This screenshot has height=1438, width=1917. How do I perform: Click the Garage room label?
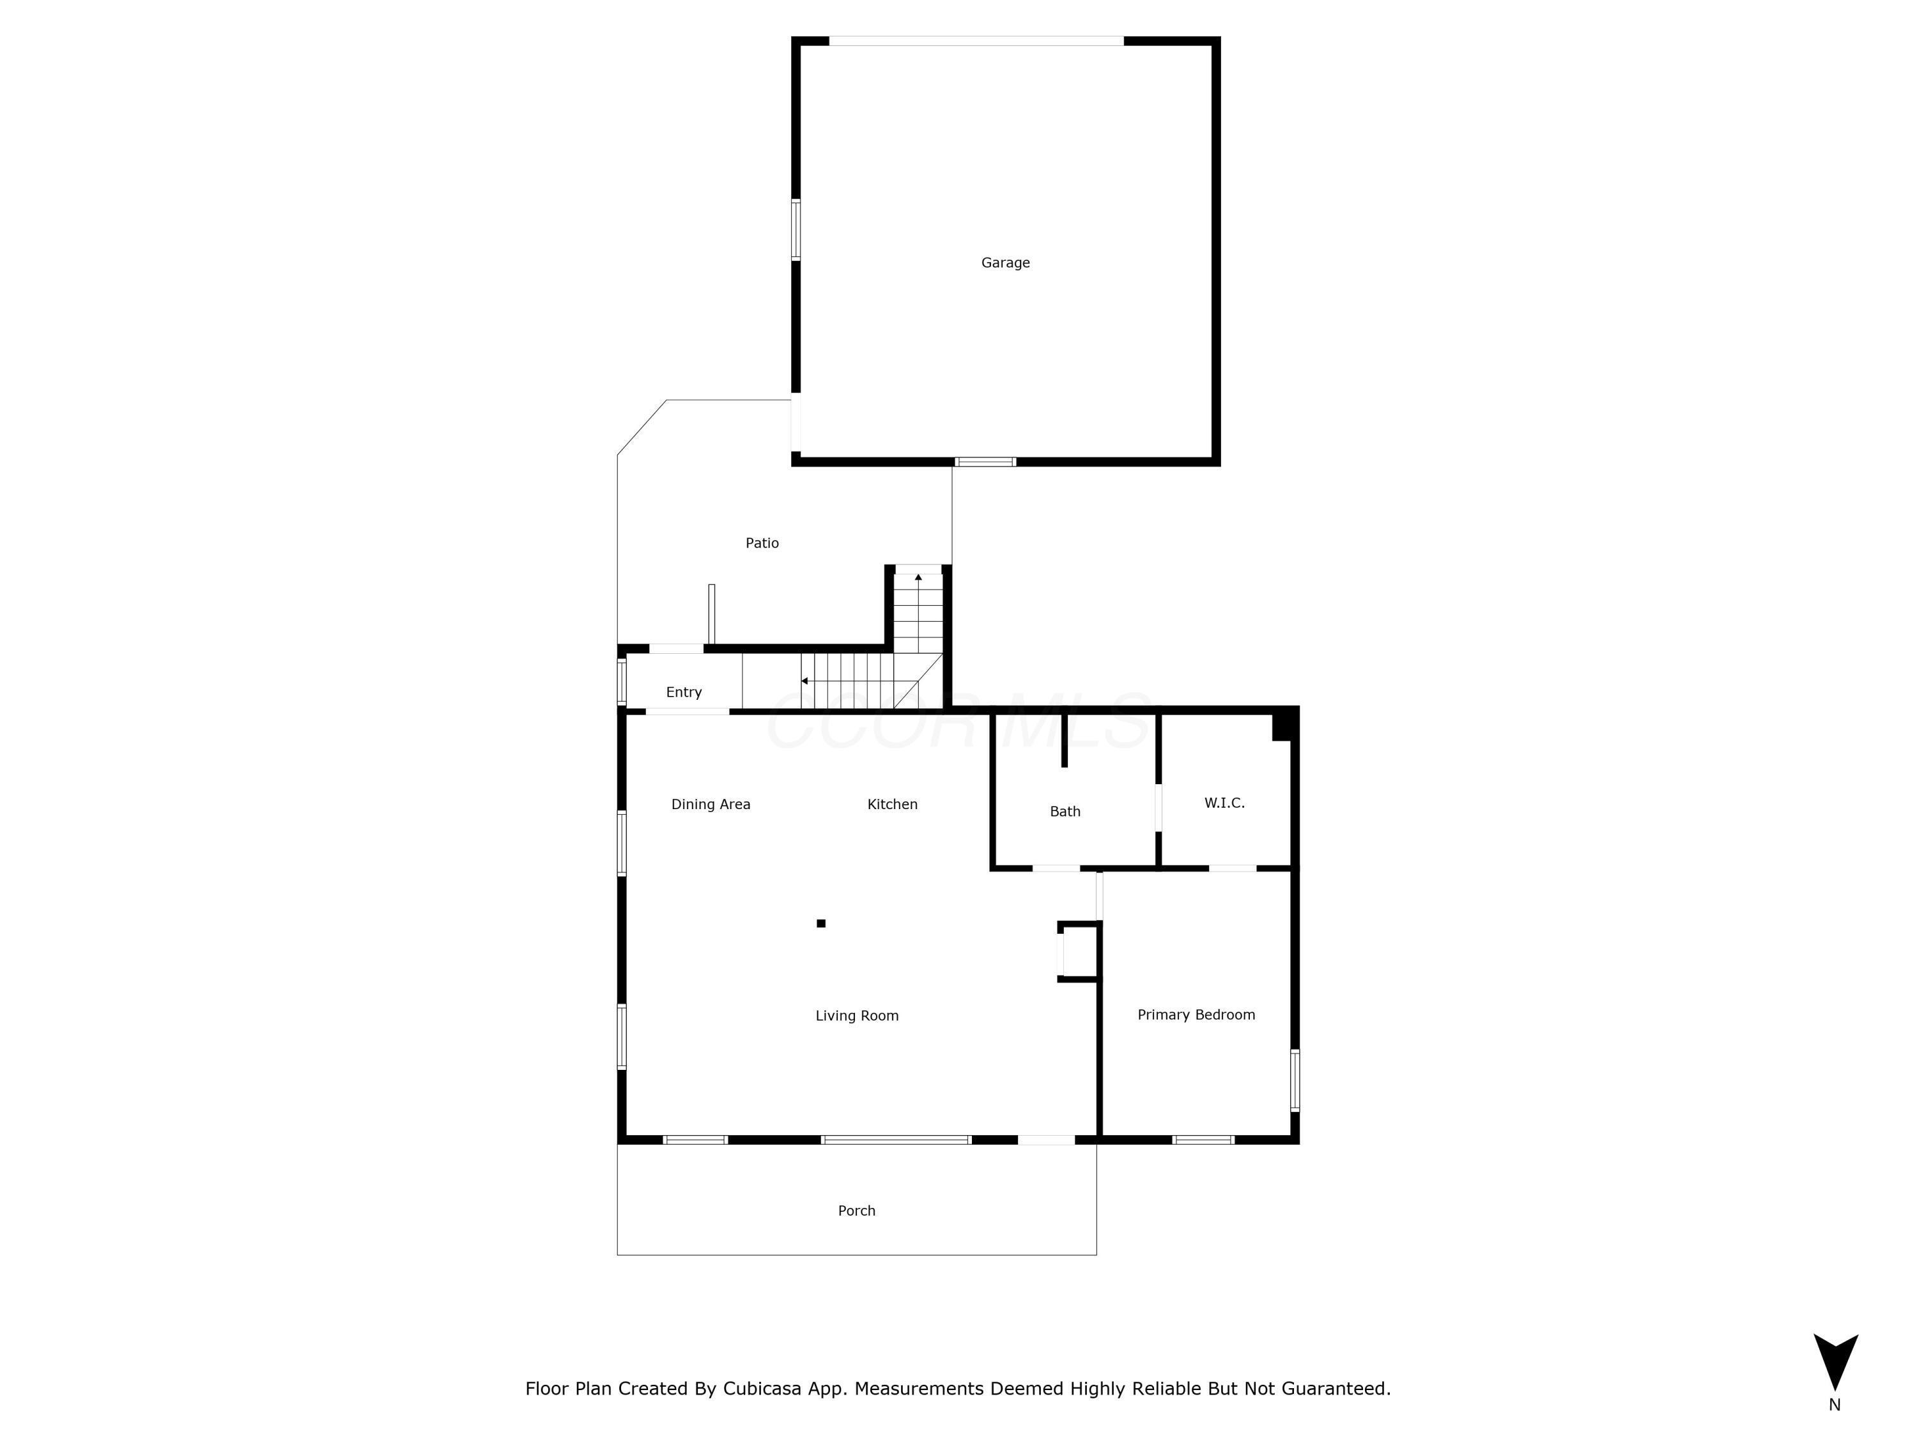click(1005, 263)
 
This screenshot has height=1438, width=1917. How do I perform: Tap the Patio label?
click(762, 543)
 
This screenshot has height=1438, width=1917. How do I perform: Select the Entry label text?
click(684, 692)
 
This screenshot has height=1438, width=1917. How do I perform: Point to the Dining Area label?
click(711, 805)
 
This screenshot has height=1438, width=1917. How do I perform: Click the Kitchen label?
click(892, 805)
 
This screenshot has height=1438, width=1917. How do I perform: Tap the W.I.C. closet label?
click(1224, 803)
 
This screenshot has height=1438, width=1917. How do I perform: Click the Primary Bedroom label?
click(1196, 1014)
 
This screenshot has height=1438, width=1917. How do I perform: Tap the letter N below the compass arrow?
click(1835, 1405)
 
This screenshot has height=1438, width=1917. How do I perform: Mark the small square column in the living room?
click(820, 923)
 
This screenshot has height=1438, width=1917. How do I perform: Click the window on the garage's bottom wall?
click(985, 462)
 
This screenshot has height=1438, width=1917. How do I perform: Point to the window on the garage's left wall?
click(796, 229)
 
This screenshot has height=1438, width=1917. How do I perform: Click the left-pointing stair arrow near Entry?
click(805, 681)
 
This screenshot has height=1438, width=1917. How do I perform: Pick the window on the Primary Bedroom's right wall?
click(1295, 1080)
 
